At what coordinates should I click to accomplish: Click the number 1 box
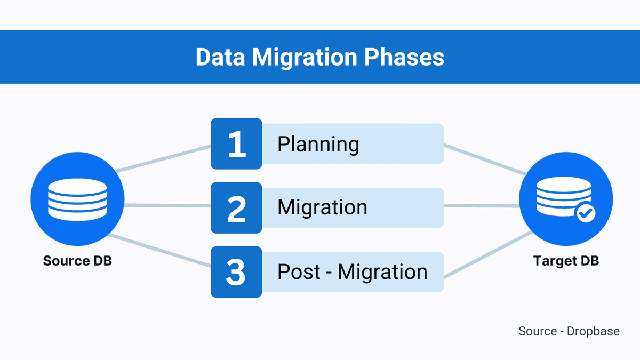click(x=236, y=144)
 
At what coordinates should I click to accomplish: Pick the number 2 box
click(x=236, y=208)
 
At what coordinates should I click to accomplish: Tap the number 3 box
click(x=236, y=272)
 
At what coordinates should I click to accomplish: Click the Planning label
click(x=318, y=144)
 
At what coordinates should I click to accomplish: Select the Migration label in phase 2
click(x=322, y=207)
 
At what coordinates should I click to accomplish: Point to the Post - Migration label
click(x=352, y=272)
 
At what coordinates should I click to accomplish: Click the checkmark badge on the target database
click(x=586, y=214)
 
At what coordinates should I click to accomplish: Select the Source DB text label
click(x=77, y=261)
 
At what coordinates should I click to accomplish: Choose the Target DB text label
click(x=566, y=261)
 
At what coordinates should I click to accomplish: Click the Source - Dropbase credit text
click(x=569, y=331)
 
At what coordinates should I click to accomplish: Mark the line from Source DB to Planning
click(x=163, y=158)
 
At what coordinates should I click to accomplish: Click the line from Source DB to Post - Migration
click(x=160, y=251)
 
